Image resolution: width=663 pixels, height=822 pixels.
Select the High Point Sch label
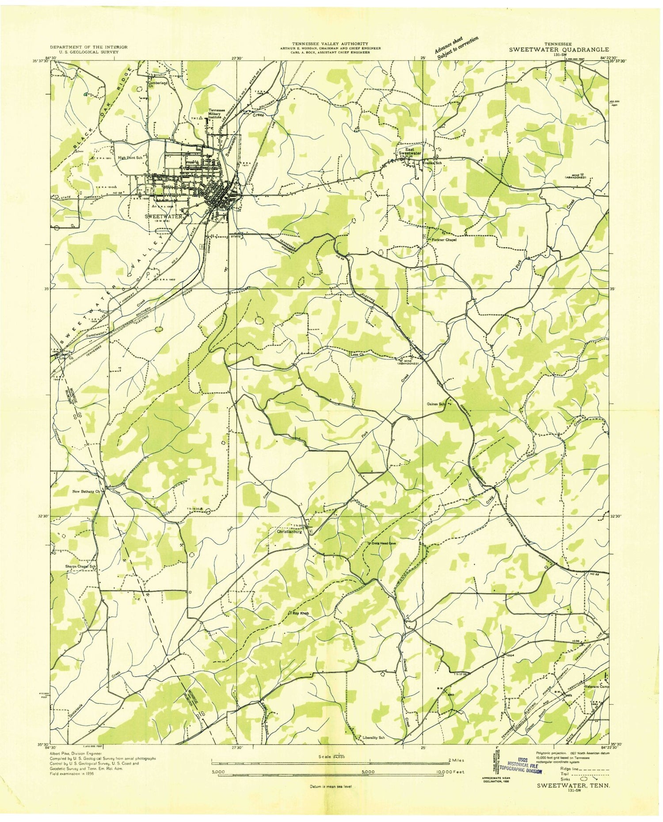(130, 157)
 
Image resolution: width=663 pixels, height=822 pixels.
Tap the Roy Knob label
(300, 614)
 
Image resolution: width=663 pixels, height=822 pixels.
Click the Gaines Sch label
(435, 404)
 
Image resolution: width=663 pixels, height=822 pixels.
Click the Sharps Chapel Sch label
(80, 566)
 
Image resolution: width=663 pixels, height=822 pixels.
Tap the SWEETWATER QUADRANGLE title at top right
(558, 50)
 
